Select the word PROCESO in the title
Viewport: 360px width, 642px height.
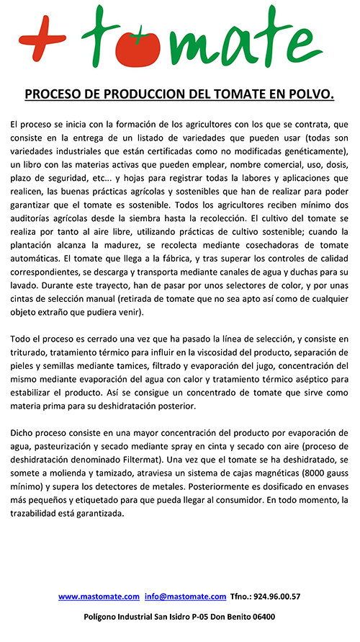coord(54,94)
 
